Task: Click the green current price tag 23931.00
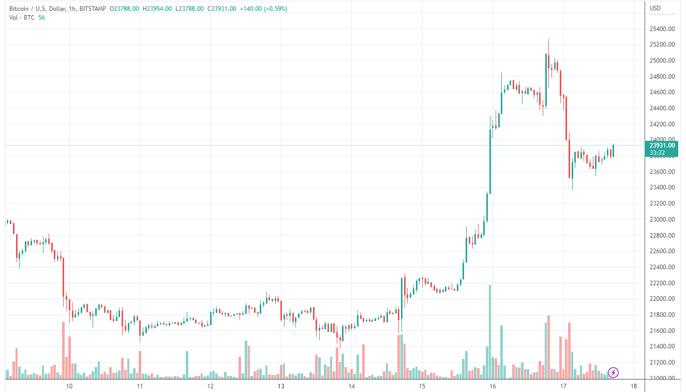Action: pos(662,146)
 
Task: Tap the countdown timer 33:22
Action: pos(657,153)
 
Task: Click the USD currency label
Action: pos(655,8)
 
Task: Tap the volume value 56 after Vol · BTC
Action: pos(41,17)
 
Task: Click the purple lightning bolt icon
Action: pos(613,372)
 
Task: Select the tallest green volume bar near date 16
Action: pos(489,331)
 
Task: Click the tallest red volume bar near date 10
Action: pos(63,350)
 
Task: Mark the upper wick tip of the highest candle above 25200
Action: pos(548,39)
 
